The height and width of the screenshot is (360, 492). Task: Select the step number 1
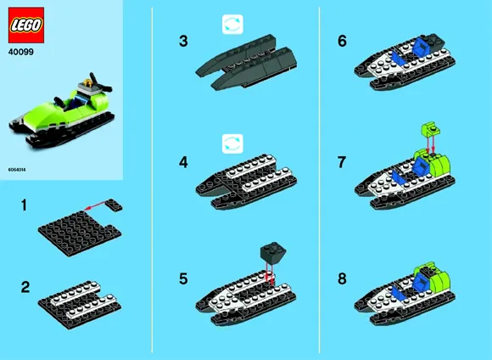point(25,205)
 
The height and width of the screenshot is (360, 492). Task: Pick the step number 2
point(25,287)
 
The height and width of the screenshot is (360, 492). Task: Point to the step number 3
point(182,40)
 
